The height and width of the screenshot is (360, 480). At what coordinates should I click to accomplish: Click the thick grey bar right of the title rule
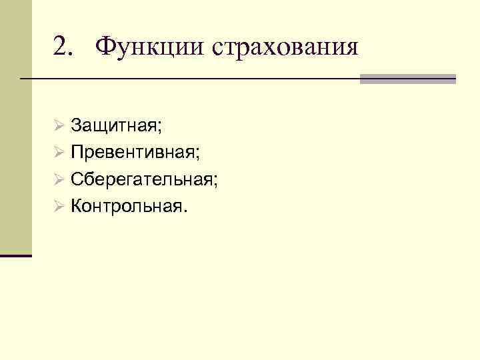click(x=408, y=79)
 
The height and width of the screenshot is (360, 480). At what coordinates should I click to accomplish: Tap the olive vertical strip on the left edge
click(x=15, y=127)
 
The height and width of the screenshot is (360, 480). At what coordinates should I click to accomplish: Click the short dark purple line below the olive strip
click(x=15, y=255)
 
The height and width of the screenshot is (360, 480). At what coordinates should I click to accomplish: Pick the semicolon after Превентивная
click(x=198, y=153)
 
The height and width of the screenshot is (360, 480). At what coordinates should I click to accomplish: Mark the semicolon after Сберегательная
click(x=217, y=181)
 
